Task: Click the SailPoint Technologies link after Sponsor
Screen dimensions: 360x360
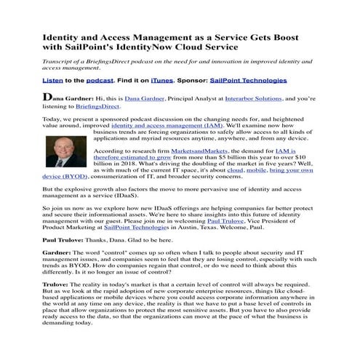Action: tap(248, 80)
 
